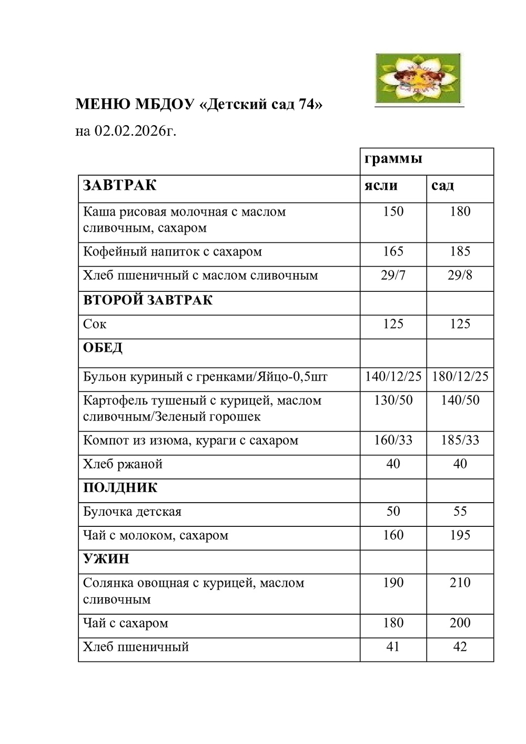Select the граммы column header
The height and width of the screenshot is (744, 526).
tap(393, 158)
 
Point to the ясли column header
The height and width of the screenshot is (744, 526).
tap(381, 186)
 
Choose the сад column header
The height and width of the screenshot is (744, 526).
tap(442, 186)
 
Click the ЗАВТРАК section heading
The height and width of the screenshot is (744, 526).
tap(120, 186)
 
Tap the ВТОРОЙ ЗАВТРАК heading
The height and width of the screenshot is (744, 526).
tap(148, 300)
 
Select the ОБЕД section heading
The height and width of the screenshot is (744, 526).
tap(103, 348)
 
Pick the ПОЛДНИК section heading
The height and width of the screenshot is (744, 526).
tap(120, 487)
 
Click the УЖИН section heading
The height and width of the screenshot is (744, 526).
tap(106, 559)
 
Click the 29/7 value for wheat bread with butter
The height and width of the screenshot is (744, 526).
tap(393, 276)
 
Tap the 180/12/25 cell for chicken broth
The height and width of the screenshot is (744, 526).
tap(460, 376)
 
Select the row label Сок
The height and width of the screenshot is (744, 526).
tap(95, 324)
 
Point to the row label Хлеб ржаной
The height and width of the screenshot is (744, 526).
tap(123, 464)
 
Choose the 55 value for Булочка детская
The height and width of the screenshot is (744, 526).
tap(460, 512)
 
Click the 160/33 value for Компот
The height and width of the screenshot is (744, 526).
tap(393, 440)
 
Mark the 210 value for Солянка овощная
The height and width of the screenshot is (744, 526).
tap(460, 583)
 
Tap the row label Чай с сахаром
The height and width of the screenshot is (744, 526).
tap(126, 624)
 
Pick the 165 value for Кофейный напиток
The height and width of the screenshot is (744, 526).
tap(393, 251)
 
